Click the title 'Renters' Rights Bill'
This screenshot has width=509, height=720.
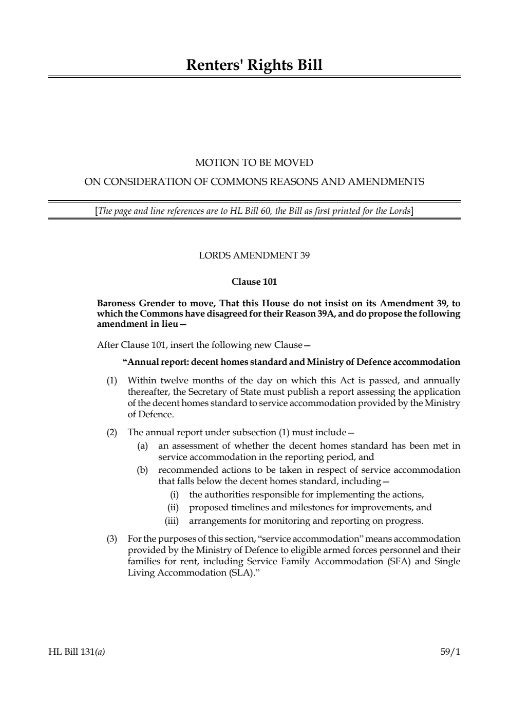pos(254,65)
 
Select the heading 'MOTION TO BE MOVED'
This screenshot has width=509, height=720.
pos(254,163)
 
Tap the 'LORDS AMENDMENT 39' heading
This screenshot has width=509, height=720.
pos(254,255)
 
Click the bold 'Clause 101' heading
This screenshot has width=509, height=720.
pos(254,282)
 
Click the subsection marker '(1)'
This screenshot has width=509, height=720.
pos(111,381)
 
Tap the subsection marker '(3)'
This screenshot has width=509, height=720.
pos(111,539)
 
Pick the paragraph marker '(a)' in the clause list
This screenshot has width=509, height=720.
pos(142,446)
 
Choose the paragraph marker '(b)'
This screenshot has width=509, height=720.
pos(142,470)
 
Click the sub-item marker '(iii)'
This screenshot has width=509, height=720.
pos(173,521)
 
